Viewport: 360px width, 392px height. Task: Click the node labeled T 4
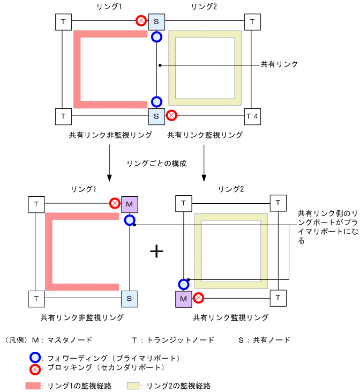(x=252, y=115)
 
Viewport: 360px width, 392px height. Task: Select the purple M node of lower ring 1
(x=130, y=204)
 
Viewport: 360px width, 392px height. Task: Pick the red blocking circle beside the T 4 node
(x=171, y=115)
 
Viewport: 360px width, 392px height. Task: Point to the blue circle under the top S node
(x=156, y=37)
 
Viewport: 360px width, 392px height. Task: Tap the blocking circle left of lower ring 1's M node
(x=115, y=204)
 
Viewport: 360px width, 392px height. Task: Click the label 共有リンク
(x=279, y=64)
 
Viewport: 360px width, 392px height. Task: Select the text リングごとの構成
(x=156, y=163)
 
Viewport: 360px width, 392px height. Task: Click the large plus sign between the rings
(x=156, y=251)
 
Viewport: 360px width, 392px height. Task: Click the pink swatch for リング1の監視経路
(x=33, y=386)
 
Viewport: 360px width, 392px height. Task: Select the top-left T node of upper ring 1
(x=63, y=22)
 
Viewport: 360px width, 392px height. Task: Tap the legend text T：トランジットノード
(x=173, y=340)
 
